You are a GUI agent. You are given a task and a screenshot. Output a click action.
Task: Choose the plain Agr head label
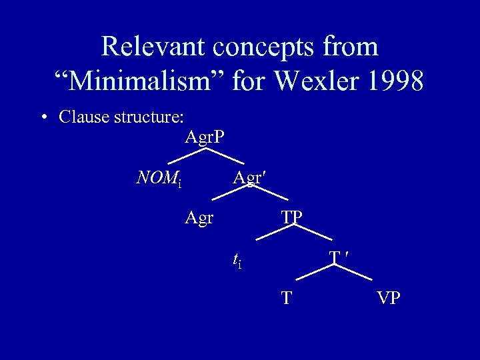click(x=199, y=217)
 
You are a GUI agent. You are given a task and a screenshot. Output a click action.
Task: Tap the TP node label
click(x=291, y=217)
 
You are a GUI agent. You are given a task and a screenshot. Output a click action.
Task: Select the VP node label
click(x=388, y=298)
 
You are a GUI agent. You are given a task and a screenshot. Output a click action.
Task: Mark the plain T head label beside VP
click(x=286, y=298)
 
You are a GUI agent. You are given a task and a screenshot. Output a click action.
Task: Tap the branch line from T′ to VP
click(x=357, y=273)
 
